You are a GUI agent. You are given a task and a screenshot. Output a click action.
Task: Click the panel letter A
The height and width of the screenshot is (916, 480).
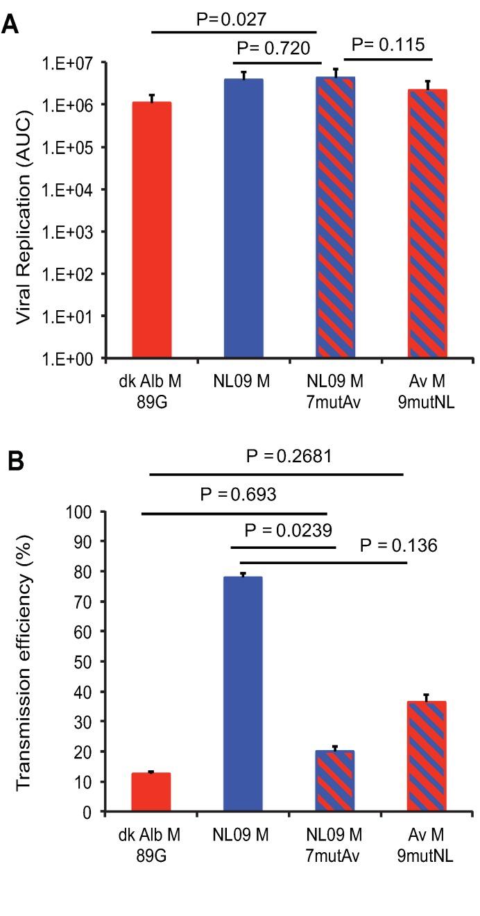[x=11, y=26]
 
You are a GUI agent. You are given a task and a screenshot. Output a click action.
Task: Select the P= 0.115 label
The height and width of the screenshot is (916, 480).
[x=389, y=45]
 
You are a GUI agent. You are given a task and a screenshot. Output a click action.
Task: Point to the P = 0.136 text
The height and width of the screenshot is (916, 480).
[x=399, y=546]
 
